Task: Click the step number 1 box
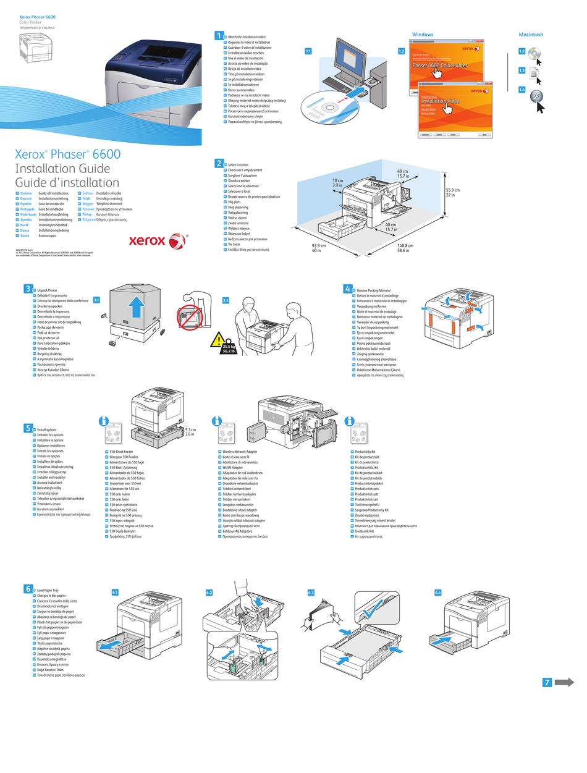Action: [218, 36]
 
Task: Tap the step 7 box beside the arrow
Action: [546, 682]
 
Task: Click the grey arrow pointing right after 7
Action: [564, 682]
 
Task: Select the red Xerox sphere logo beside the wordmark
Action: [177, 241]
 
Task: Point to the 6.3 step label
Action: [311, 592]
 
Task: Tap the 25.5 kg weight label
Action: [230, 349]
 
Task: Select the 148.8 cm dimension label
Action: [406, 248]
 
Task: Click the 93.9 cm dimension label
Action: [318, 248]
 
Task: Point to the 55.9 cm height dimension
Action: [453, 192]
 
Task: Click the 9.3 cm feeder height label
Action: [190, 432]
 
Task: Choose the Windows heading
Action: [423, 35]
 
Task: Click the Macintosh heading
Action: [531, 35]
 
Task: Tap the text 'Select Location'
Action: [239, 165]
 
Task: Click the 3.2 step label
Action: [226, 300]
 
